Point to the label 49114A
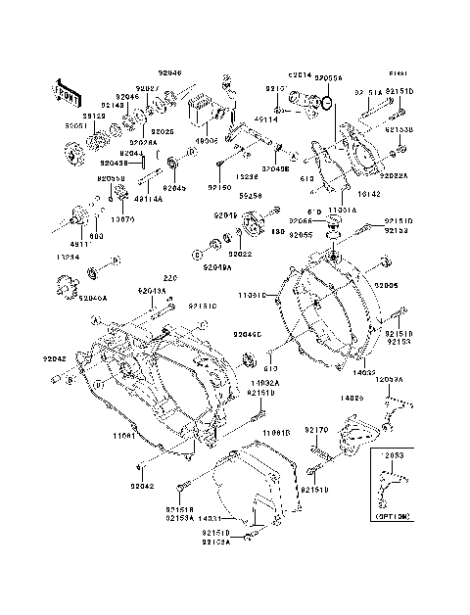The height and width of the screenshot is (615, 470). point(120,198)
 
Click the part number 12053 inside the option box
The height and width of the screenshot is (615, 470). point(392,455)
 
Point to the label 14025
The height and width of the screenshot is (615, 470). point(353,399)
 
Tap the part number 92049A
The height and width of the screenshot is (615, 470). point(216,266)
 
